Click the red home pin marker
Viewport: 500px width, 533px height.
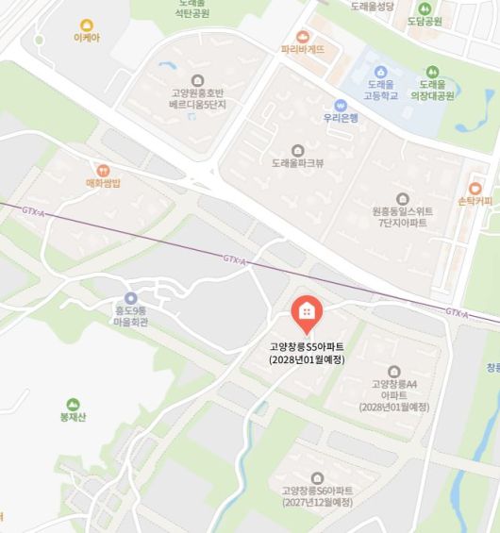(305, 310)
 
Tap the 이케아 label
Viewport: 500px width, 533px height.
(86, 40)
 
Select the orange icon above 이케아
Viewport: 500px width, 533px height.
(86, 25)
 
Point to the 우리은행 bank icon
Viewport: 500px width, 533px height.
(341, 105)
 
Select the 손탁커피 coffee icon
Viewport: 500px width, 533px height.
(475, 188)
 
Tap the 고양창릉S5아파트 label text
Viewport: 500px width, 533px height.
(306, 347)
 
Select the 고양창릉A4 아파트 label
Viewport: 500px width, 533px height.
(393, 390)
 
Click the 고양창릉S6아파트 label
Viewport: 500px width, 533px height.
(316, 496)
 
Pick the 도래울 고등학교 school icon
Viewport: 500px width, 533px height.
(382, 71)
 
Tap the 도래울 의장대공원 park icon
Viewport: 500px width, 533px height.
(432, 71)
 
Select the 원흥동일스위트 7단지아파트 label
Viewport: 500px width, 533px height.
(403, 219)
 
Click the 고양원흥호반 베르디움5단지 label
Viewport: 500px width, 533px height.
(196, 100)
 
